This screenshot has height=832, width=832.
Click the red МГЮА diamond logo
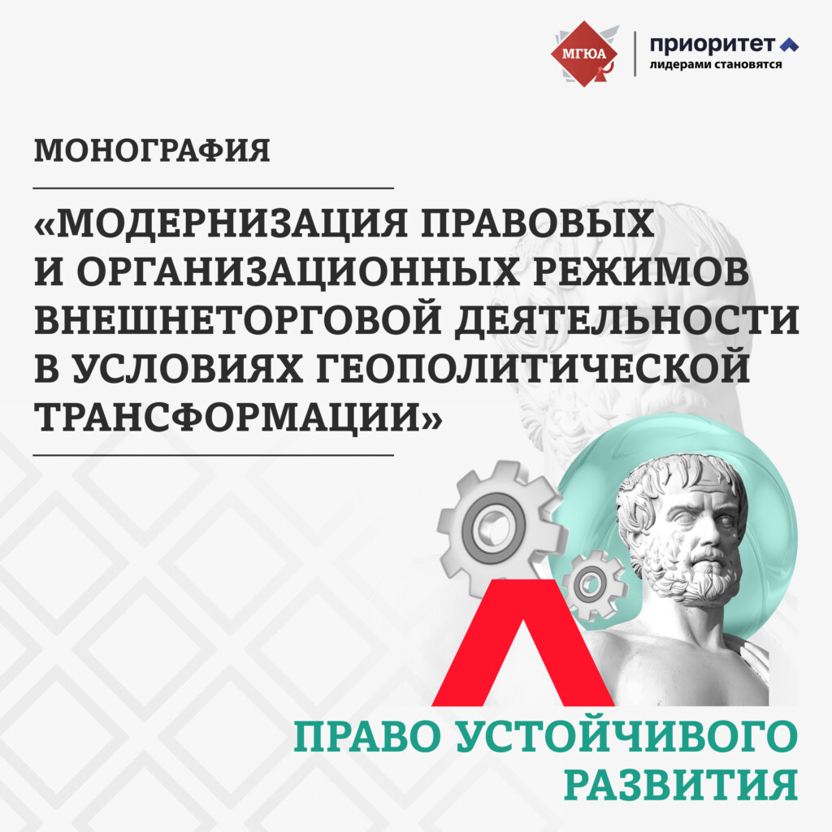(x=584, y=54)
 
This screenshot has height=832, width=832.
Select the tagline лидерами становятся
(x=715, y=65)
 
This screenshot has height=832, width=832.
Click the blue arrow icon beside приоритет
(x=789, y=46)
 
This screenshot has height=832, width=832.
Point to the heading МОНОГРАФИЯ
(x=152, y=150)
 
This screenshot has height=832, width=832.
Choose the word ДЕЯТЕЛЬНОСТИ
(x=627, y=321)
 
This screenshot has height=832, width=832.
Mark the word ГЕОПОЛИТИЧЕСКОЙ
(x=533, y=369)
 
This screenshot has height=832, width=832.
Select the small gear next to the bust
(x=590, y=585)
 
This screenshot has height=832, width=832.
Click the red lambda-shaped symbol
(x=522, y=643)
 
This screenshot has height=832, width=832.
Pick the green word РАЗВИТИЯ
(x=681, y=785)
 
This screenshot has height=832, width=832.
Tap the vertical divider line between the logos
(x=635, y=54)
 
